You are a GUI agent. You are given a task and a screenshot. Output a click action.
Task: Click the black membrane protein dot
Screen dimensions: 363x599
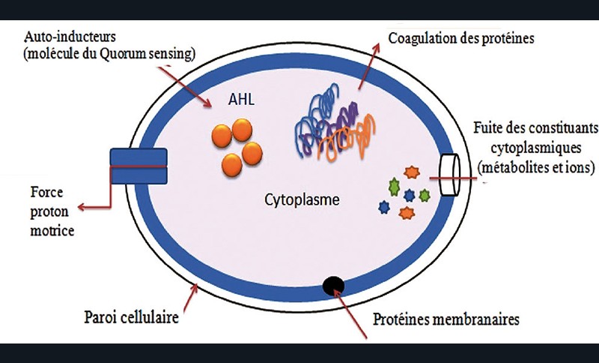pos(333,286)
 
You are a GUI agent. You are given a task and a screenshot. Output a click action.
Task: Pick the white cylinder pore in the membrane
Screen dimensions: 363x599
pos(450,176)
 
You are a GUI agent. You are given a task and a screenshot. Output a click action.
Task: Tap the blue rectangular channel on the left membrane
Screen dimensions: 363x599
pos(139,166)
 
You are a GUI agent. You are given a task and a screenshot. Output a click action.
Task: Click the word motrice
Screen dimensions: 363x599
pos(52,232)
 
